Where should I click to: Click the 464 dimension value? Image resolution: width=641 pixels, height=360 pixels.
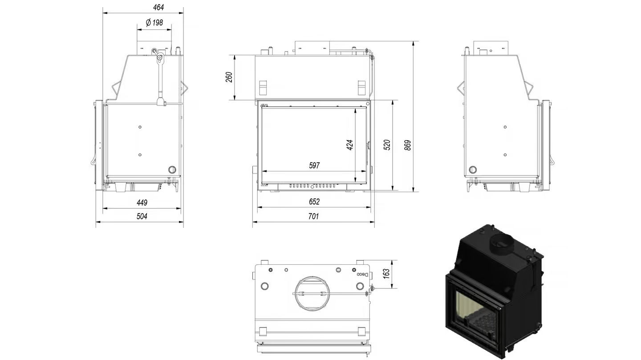pos(158,7)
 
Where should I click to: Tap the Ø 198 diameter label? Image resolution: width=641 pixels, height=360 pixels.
pos(154,23)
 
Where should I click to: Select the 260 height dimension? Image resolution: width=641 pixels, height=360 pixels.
pos(229,77)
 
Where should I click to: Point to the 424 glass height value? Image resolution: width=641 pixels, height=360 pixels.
pos(350,145)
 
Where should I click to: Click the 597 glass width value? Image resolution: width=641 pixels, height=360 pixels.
pos(314,166)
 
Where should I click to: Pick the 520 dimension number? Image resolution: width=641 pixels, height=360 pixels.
pos(387,145)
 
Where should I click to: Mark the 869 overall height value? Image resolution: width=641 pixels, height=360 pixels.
pos(408,145)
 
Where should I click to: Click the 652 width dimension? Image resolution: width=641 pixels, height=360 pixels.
pos(314,202)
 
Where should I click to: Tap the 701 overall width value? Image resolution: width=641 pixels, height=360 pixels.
pos(313,216)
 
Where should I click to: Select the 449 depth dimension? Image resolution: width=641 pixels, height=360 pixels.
pos(142,202)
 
